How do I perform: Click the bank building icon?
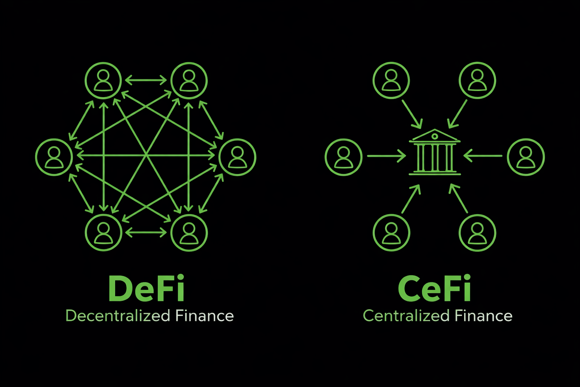[x=435, y=152]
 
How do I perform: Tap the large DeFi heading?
[x=147, y=288]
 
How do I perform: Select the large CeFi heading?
[x=434, y=288]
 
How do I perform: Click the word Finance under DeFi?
[x=204, y=316]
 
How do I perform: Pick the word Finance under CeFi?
[x=483, y=316]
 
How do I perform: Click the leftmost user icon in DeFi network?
[x=54, y=157]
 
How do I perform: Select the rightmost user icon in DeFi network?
[x=238, y=157]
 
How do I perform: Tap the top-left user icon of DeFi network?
[x=103, y=80]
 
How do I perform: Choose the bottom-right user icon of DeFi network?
[x=189, y=232]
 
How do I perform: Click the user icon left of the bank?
[x=344, y=157]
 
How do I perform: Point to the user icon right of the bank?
[x=526, y=157]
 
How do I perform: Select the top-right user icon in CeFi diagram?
[x=477, y=80]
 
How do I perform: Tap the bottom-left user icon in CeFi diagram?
[x=391, y=232]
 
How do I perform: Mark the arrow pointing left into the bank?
[x=483, y=156]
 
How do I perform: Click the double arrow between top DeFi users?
[x=146, y=80]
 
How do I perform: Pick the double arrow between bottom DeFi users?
[x=146, y=232]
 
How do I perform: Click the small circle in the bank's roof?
[x=435, y=136]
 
